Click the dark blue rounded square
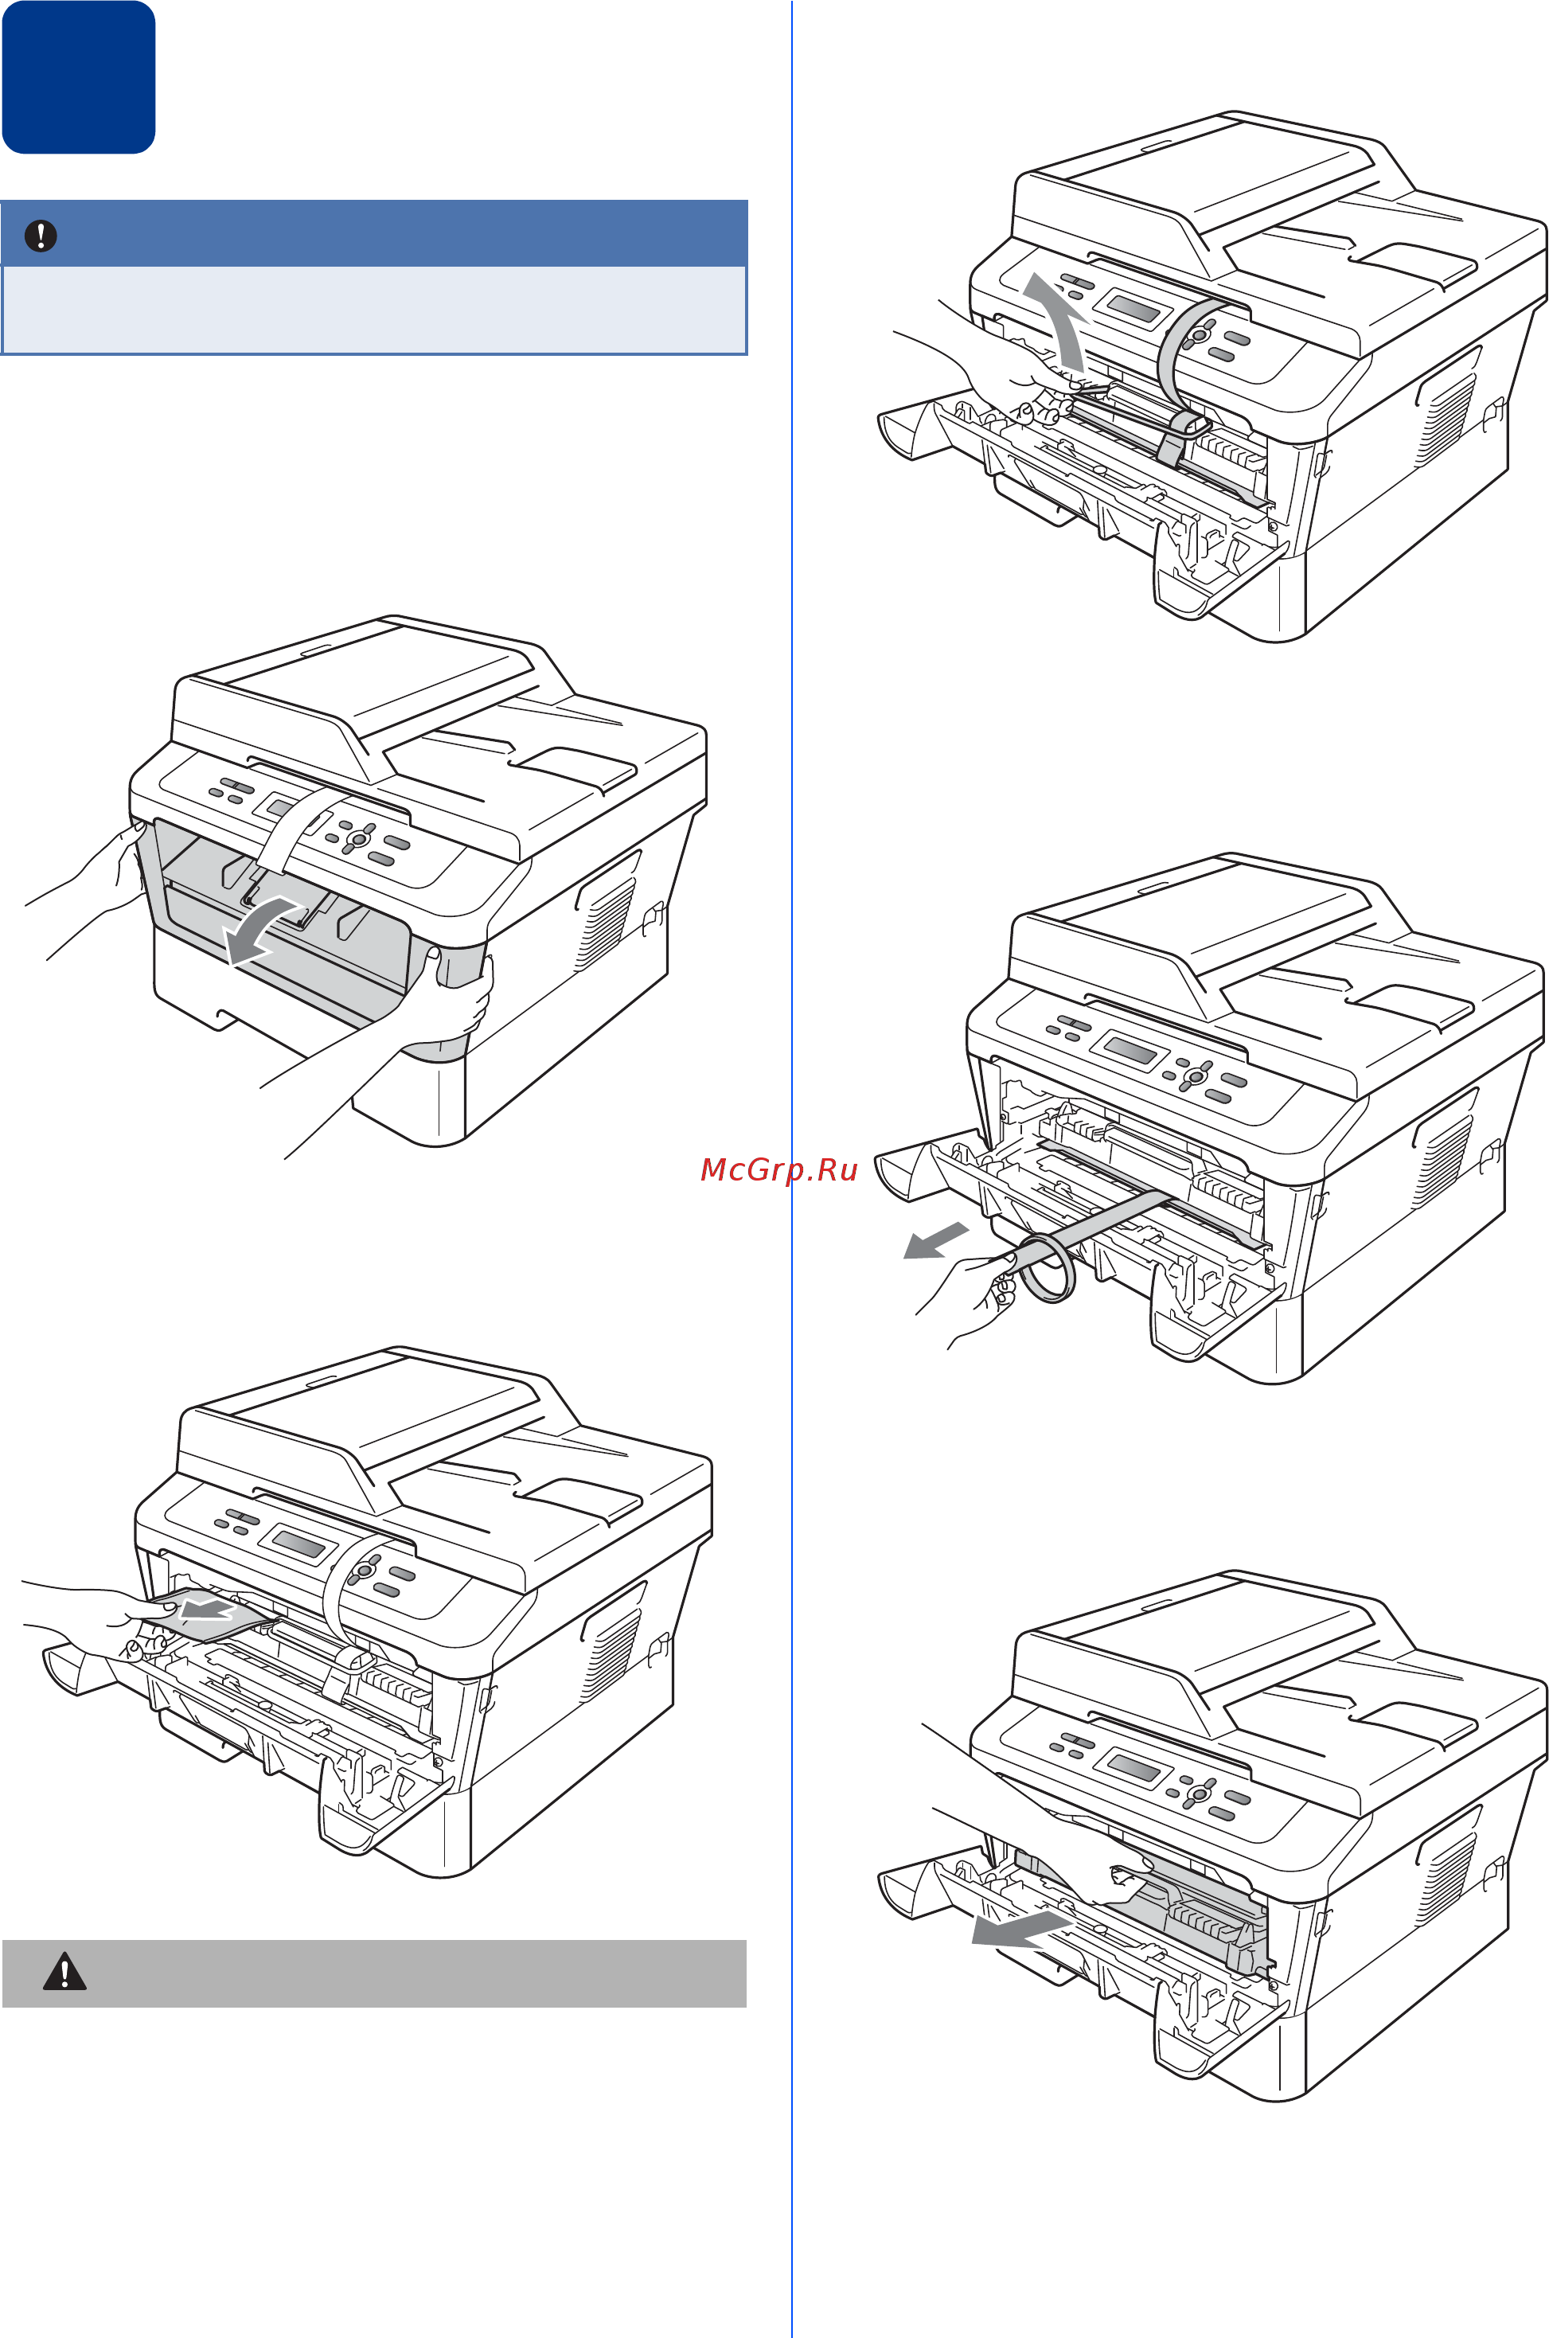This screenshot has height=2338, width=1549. tap(78, 77)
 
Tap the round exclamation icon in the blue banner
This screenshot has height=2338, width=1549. tap(41, 235)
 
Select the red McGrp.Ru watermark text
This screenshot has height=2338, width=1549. tap(778, 1169)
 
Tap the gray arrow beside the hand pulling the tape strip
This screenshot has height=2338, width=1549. tap(935, 1239)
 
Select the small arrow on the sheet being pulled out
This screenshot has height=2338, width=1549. tap(208, 1611)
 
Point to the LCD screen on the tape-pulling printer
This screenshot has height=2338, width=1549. tap(1130, 1050)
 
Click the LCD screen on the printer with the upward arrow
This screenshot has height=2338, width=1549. tap(1133, 309)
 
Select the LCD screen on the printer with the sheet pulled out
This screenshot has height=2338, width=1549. tap(298, 1544)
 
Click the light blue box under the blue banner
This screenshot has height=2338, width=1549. tap(373, 309)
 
